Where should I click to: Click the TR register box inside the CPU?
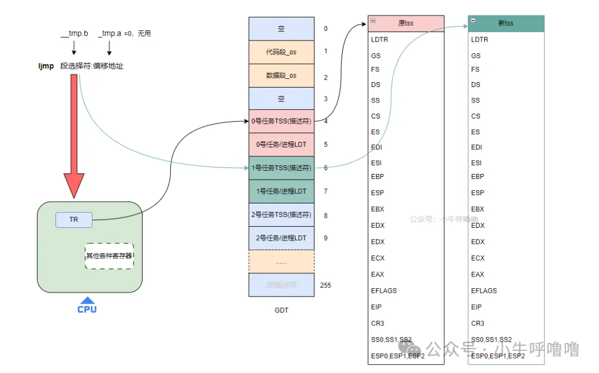[74, 219]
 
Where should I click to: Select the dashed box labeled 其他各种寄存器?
[109, 256]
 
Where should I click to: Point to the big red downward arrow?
[74, 139]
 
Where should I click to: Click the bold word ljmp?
[46, 66]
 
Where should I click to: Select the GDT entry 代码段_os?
[281, 52]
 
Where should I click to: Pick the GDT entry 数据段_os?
[281, 75]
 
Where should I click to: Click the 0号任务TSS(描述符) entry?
[281, 121]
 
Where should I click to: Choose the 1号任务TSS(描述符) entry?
[281, 167]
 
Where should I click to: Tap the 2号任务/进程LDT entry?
[281, 238]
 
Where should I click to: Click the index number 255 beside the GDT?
[326, 285]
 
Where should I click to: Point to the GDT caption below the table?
[281, 310]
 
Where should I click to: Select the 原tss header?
[406, 23]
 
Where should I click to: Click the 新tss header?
[506, 23]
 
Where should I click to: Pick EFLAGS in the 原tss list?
[384, 290]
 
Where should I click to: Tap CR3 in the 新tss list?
[478, 323]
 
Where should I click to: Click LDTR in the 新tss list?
[480, 39]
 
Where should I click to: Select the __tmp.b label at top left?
[74, 34]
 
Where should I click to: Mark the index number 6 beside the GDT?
[326, 167]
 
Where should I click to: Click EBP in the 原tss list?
[378, 176]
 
